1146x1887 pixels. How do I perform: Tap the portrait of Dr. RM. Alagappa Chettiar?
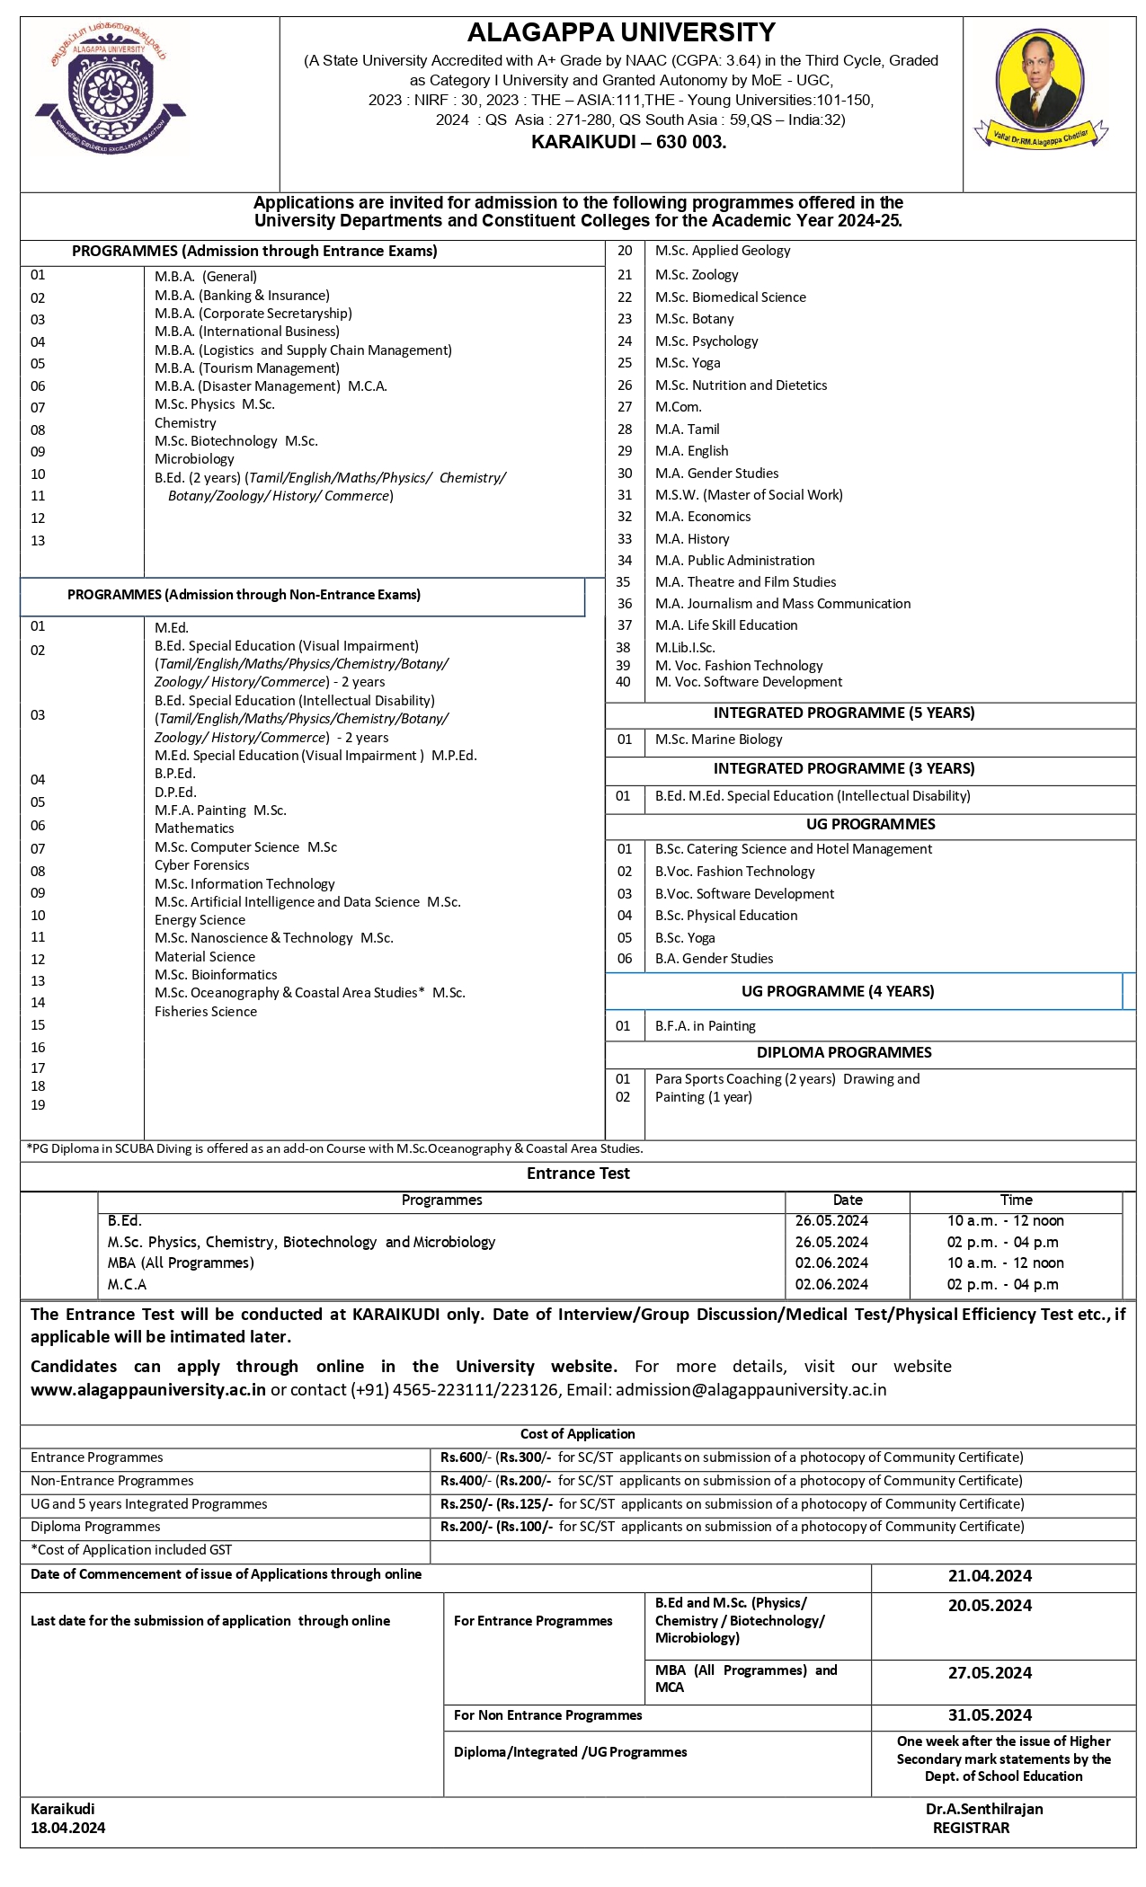[1041, 88]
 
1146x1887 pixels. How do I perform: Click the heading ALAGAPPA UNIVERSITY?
[621, 33]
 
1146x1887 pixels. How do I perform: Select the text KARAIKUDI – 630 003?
[628, 142]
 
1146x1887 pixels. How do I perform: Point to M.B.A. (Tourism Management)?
[247, 368]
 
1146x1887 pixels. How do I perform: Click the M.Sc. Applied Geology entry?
[723, 251]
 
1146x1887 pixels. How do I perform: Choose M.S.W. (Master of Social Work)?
[749, 495]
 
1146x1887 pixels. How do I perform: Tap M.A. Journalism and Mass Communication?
[782, 604]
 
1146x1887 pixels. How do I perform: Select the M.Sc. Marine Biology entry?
[718, 740]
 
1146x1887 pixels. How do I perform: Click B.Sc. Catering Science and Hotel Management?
[793, 849]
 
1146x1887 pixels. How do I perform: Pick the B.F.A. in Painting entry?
[705, 1026]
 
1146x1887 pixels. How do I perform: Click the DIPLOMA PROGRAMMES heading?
[844, 1052]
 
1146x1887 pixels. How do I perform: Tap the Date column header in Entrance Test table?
[847, 1200]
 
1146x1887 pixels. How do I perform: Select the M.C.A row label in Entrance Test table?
[127, 1285]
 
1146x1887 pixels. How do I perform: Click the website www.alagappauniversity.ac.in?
[148, 1390]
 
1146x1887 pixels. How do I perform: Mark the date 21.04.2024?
[990, 1576]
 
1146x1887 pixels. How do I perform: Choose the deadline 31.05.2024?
[990, 1715]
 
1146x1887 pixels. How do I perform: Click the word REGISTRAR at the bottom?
[971, 1828]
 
